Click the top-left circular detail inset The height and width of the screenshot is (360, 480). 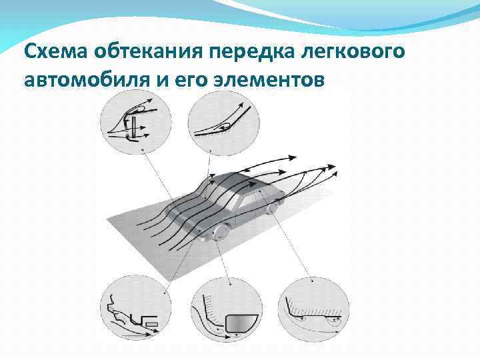point(135,121)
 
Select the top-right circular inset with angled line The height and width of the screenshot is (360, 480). point(224,121)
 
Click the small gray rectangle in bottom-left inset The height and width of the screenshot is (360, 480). point(151,323)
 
